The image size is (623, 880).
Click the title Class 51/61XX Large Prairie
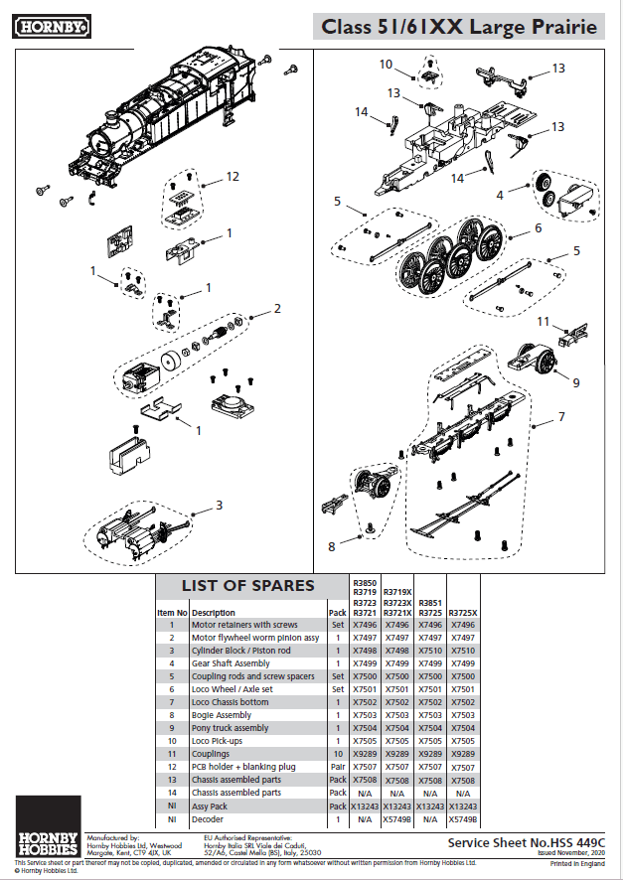[x=459, y=27]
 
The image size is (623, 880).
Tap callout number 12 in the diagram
[x=233, y=176]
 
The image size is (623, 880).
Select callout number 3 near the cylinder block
[x=219, y=505]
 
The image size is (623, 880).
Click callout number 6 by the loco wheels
[x=538, y=227]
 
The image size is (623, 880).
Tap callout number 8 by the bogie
[x=333, y=544]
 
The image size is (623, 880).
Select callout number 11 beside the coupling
[x=544, y=322]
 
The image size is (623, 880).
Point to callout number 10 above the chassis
[x=387, y=65]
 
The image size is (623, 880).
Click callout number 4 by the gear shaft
[x=500, y=196]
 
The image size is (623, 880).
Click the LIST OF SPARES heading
[x=247, y=585]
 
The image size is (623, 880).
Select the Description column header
[x=214, y=613]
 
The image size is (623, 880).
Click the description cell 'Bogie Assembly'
[x=222, y=714]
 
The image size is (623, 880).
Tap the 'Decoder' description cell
[x=209, y=819]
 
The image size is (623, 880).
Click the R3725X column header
[x=464, y=613]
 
